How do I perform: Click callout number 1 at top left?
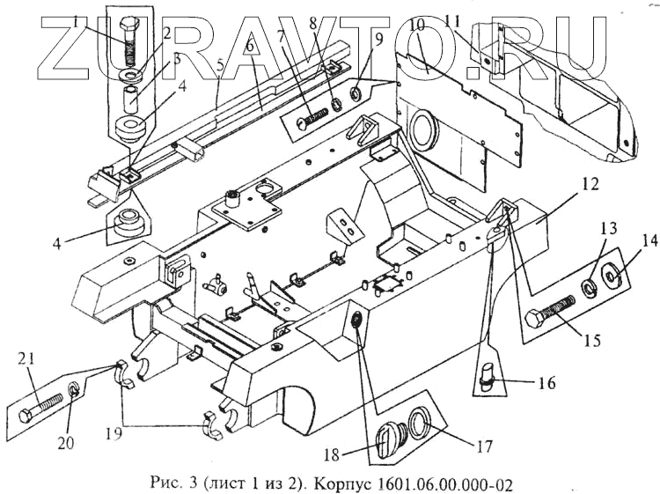point(77,19)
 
